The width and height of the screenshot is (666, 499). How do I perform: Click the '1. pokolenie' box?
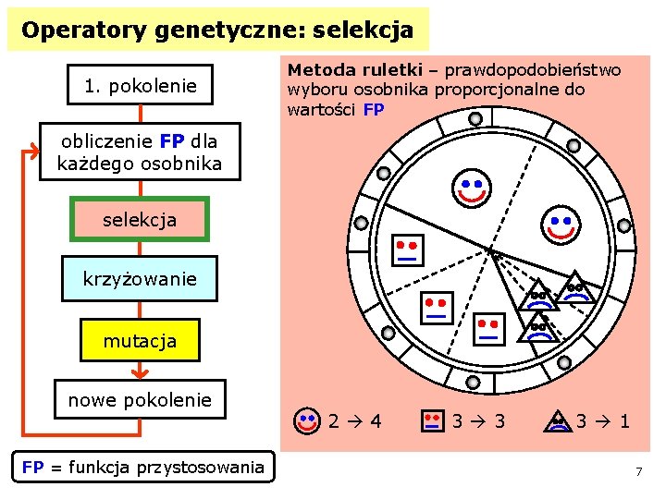click(x=141, y=86)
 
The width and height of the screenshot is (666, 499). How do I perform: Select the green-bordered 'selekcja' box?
click(x=140, y=220)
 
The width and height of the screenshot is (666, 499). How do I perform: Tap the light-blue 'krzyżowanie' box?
click(x=140, y=278)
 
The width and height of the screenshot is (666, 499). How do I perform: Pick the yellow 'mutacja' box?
click(x=140, y=341)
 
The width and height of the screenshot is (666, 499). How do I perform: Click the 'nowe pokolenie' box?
click(x=140, y=400)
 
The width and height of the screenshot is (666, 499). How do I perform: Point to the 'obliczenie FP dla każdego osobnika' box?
click(x=140, y=152)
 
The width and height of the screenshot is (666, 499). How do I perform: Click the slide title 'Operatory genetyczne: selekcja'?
click(x=217, y=30)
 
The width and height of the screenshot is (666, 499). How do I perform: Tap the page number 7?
click(x=638, y=472)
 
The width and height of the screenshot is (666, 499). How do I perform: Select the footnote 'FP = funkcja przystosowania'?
click(x=142, y=468)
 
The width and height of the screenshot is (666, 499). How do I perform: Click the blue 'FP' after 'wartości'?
click(x=374, y=109)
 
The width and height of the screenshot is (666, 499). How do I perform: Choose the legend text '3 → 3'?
click(x=478, y=422)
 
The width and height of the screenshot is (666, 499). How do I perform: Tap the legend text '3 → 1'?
click(x=603, y=422)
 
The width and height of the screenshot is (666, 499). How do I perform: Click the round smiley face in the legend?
click(x=307, y=421)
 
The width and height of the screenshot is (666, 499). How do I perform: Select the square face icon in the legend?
click(x=431, y=421)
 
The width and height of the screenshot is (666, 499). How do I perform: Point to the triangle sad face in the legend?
click(x=558, y=421)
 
